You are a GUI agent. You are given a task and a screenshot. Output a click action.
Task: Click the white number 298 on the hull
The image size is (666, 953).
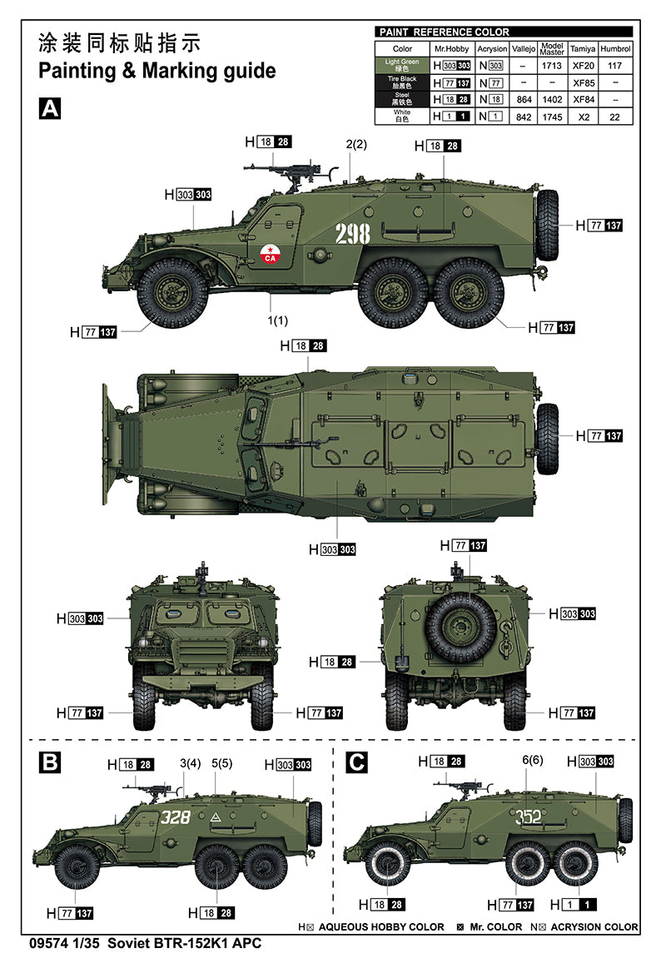click(352, 235)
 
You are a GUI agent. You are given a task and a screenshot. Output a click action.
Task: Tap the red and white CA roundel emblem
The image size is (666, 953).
click(269, 253)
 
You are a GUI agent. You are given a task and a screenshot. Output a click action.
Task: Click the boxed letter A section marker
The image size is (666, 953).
click(50, 108)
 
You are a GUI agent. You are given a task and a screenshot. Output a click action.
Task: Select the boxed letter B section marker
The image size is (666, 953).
click(51, 762)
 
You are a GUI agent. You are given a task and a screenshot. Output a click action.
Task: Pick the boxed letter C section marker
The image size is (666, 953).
click(355, 762)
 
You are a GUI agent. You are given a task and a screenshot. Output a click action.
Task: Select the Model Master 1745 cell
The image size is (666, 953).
click(552, 117)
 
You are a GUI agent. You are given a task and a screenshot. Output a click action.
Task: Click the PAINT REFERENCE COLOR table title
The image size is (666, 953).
click(444, 32)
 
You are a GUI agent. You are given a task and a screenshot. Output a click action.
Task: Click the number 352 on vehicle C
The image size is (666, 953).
click(528, 817)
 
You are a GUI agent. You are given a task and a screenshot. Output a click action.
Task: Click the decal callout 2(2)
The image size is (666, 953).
click(356, 144)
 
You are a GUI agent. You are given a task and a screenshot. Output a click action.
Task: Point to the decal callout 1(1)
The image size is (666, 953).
click(277, 320)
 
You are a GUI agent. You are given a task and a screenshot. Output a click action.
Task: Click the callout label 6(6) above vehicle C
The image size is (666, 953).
click(532, 760)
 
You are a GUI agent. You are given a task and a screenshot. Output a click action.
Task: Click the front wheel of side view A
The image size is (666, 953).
click(172, 292)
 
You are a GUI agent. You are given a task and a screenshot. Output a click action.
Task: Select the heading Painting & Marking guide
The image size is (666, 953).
click(157, 70)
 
